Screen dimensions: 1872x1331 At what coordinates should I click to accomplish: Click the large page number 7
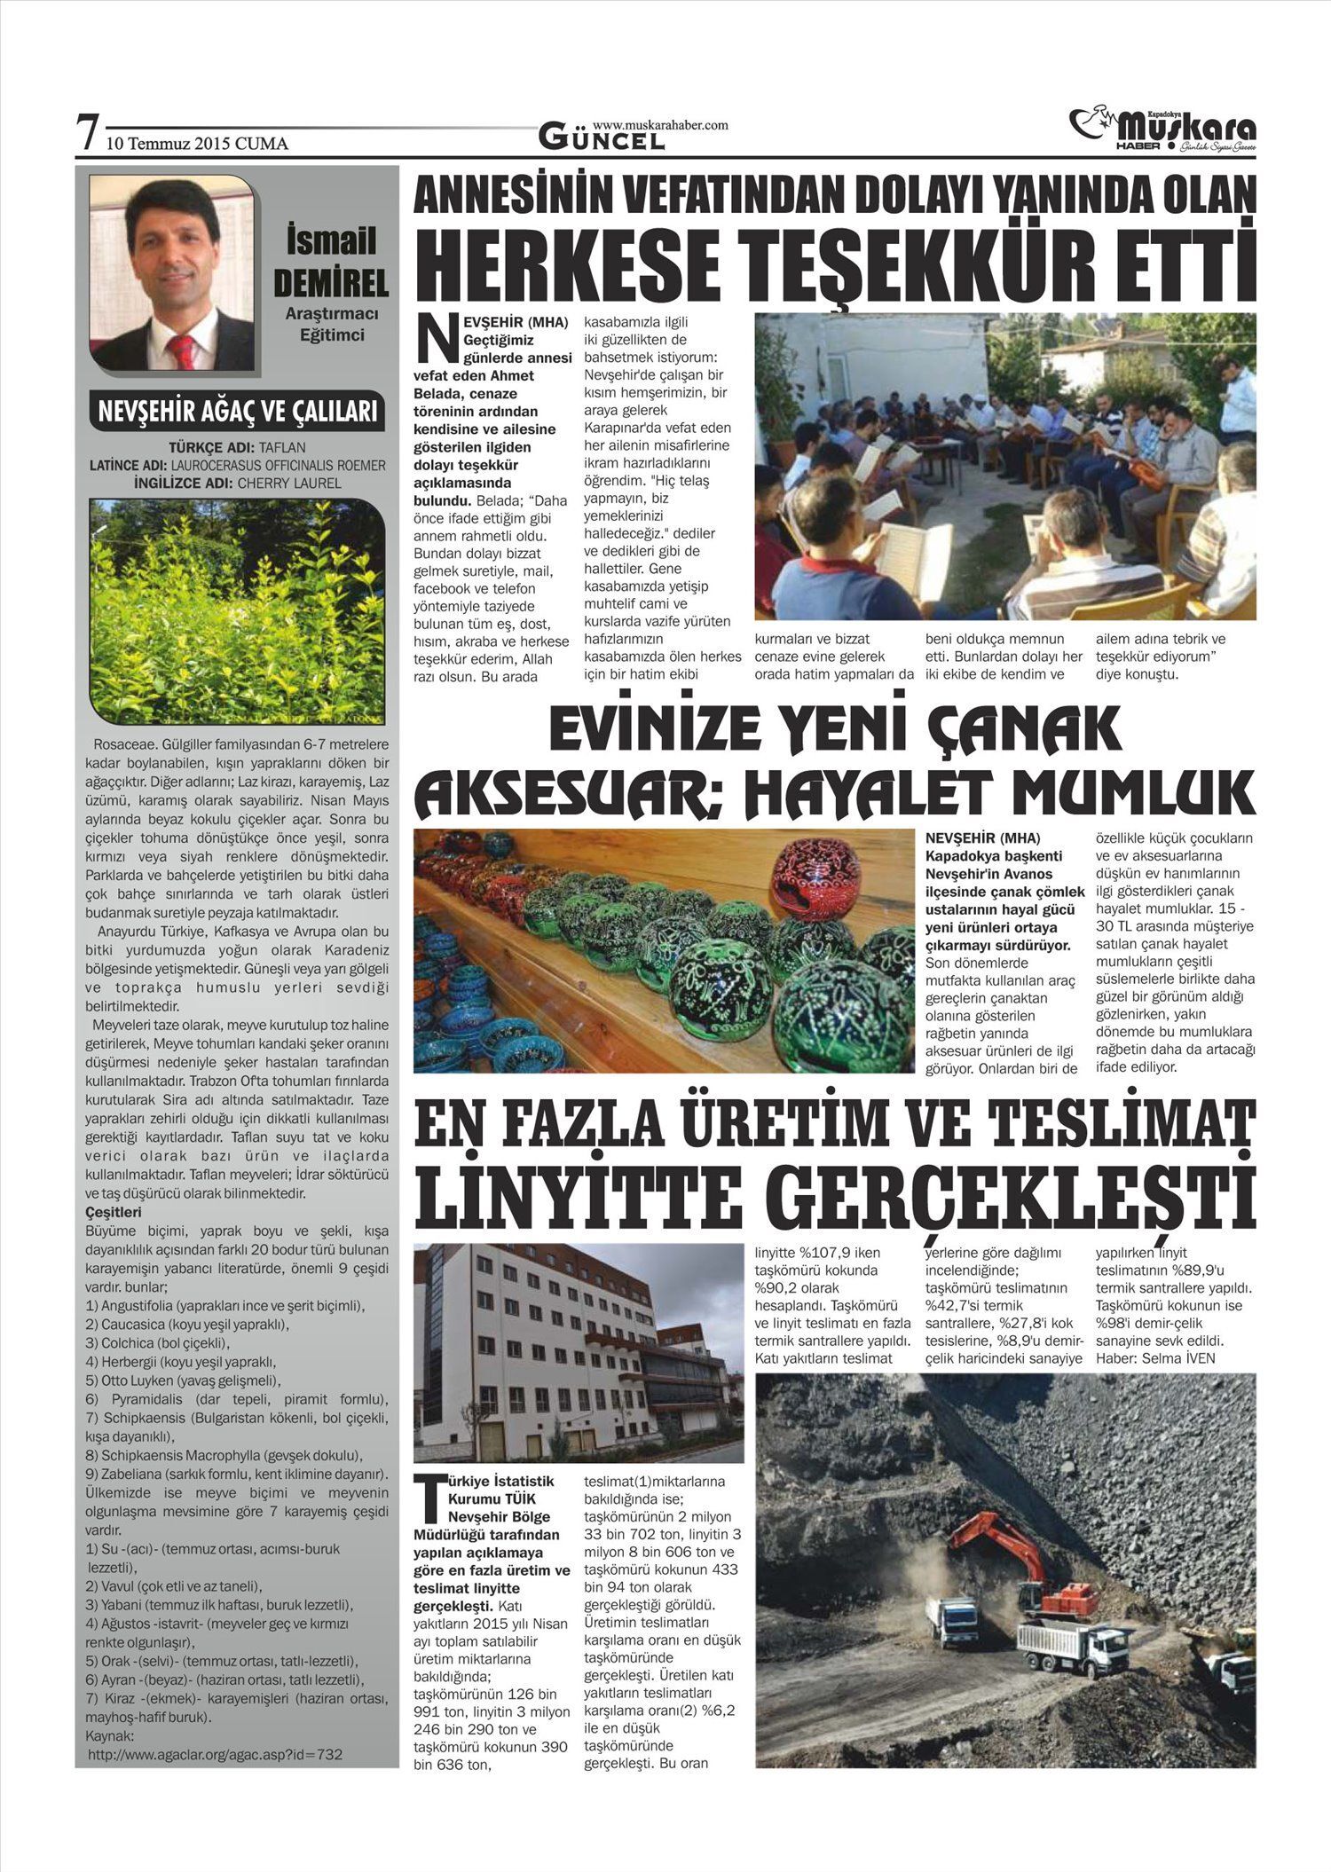pos(86,135)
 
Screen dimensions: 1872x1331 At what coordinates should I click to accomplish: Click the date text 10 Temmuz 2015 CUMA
pos(197,143)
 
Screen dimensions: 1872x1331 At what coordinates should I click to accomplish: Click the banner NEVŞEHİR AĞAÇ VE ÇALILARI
pos(237,412)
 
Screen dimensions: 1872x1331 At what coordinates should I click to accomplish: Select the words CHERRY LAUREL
pos(290,483)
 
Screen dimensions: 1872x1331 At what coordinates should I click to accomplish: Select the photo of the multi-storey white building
pos(579,1352)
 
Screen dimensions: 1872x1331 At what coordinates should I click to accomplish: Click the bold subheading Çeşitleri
pos(114,1212)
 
